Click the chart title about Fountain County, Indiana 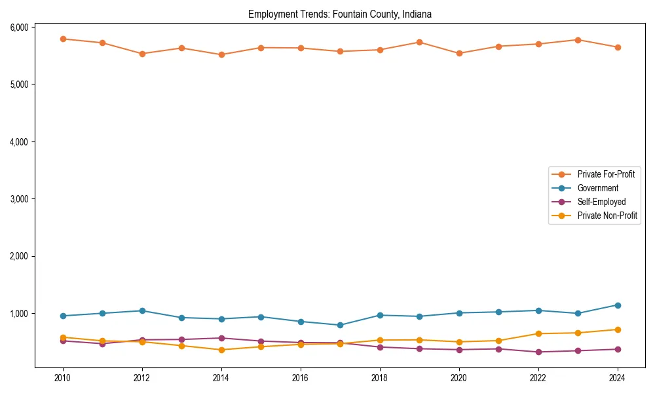point(339,14)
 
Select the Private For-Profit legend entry point(601,174)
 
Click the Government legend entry point(597,188)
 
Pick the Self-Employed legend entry point(601,202)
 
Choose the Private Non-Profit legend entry point(607,215)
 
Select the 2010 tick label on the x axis point(63,378)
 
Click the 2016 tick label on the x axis point(301,378)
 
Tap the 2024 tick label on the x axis point(617,378)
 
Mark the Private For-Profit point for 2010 point(63,39)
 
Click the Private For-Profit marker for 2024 point(617,47)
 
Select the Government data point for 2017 point(340,325)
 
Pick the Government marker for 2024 point(617,305)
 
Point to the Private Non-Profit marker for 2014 point(221,350)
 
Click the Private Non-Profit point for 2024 point(617,329)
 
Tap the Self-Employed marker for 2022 point(538,352)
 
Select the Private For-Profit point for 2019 point(419,42)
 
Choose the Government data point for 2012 point(142,310)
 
